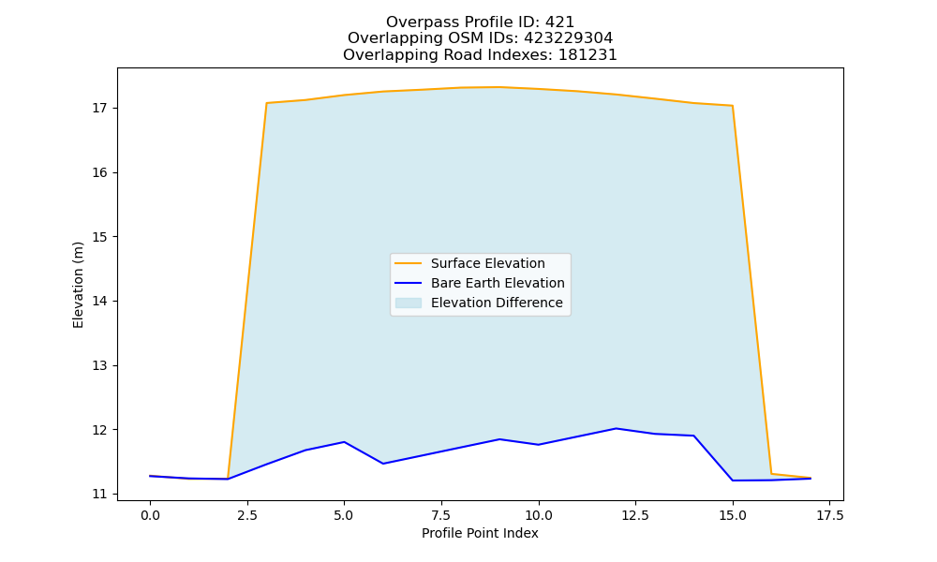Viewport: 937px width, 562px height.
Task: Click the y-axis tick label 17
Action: point(99,108)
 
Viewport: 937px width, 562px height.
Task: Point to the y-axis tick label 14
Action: point(99,301)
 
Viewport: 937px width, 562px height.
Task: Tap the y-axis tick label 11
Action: point(99,494)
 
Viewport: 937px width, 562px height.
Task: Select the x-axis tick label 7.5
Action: point(441,515)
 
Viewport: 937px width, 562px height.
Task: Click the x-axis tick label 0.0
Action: point(150,515)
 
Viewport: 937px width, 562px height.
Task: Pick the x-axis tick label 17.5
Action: point(829,515)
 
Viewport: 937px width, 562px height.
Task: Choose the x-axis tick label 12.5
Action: point(635,515)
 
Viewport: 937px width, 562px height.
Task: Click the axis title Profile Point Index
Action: point(480,533)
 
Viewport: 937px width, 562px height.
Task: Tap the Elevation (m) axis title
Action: point(78,285)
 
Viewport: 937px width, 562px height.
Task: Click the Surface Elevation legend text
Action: point(487,263)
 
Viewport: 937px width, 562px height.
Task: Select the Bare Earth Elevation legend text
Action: point(498,283)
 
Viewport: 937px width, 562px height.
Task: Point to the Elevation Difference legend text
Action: point(497,303)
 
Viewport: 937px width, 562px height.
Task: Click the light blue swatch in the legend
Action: point(409,303)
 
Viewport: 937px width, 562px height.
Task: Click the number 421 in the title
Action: point(559,22)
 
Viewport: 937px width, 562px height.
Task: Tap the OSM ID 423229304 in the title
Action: point(569,38)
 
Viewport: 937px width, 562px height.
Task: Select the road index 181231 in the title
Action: point(587,55)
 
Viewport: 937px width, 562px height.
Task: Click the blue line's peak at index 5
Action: point(344,442)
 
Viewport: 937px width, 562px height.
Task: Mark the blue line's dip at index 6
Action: point(383,464)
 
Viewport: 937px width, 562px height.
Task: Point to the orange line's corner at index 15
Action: point(733,106)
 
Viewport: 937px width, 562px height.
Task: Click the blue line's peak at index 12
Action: point(617,428)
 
